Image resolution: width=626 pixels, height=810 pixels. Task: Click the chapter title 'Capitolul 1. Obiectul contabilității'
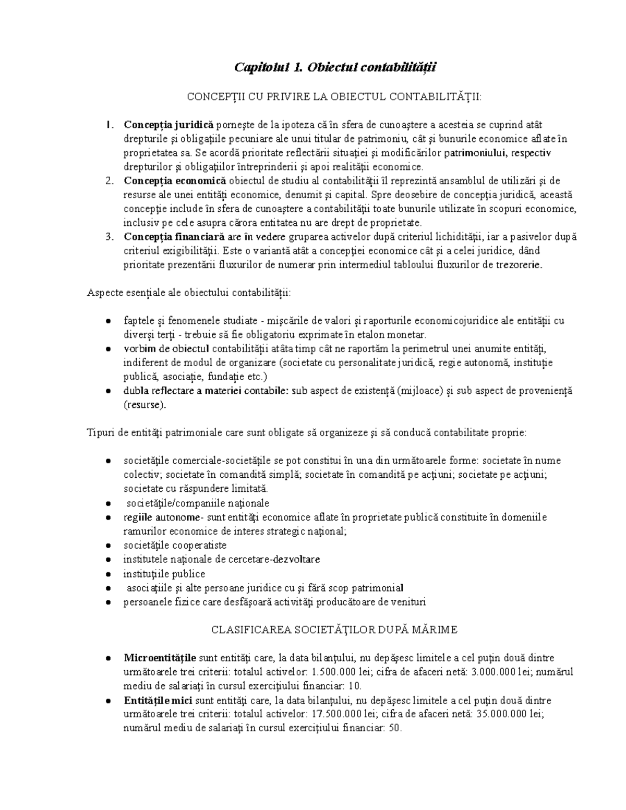coord(335,67)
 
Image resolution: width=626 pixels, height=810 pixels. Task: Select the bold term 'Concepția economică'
coord(175,181)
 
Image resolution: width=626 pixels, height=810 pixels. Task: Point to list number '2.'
coord(109,181)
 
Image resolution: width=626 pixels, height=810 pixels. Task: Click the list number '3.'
coord(109,237)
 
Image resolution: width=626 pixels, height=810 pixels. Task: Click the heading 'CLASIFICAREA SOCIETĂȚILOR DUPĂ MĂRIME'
coord(334,630)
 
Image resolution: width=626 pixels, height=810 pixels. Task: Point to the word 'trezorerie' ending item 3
coord(520,265)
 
